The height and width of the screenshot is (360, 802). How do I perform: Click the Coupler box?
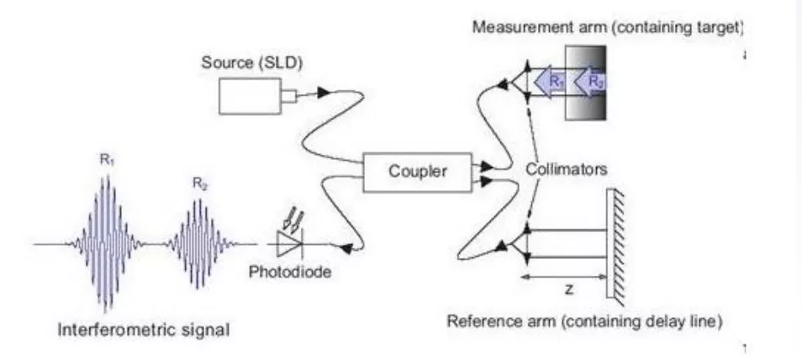pos(417,172)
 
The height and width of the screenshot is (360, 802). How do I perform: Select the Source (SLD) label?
pos(252,63)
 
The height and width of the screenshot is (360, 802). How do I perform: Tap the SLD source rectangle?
pos(251,96)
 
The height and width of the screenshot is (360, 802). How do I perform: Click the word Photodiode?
pos(290,272)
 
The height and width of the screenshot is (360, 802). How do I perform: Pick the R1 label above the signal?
pos(106,160)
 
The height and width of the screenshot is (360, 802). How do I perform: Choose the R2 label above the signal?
pos(200,183)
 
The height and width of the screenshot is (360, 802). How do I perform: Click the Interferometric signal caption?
pos(144,329)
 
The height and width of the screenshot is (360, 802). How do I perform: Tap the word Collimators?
pos(567,169)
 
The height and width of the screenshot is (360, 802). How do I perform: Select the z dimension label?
pos(568,289)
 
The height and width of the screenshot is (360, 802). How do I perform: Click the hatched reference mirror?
pos(615,246)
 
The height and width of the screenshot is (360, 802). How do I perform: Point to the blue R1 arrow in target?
pos(549,82)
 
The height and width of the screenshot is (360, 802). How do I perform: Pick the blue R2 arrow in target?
pos(590,82)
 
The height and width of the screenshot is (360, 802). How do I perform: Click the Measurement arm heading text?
pos(607,28)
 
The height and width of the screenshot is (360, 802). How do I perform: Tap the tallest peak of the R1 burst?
pos(107,177)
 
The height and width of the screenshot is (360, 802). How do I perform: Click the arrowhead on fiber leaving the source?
pos(323,93)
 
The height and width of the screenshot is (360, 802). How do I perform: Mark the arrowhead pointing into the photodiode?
pos(346,249)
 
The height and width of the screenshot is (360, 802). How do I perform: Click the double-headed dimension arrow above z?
pos(564,277)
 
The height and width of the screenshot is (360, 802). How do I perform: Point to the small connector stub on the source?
pos(289,96)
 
